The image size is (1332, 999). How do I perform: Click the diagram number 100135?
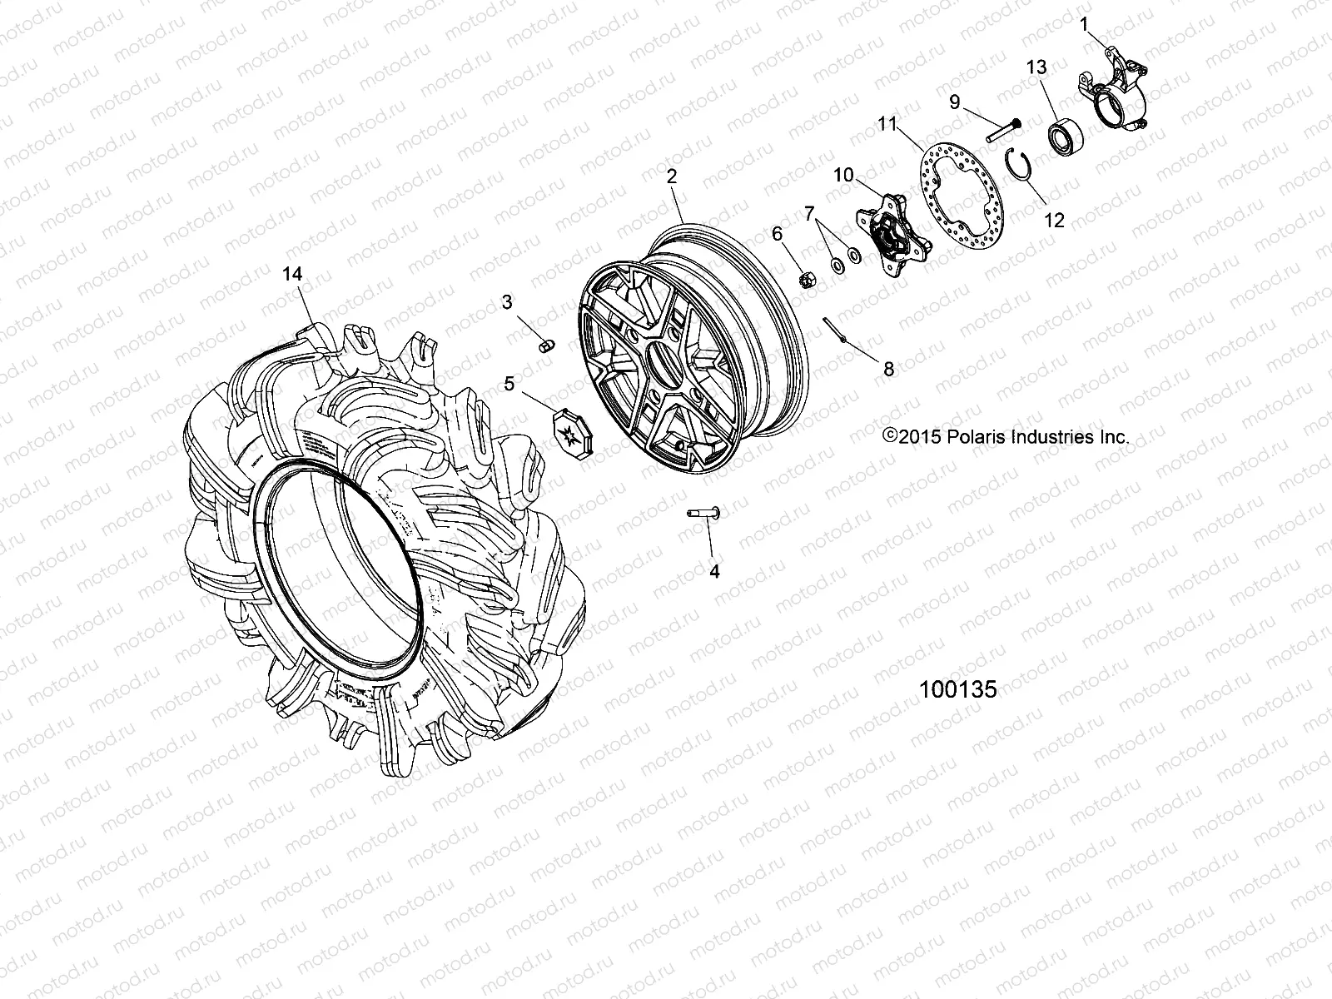click(957, 690)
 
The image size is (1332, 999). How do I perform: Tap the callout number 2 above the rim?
click(671, 176)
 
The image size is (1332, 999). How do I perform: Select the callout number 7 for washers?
click(808, 215)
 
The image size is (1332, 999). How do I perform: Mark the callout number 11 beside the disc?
click(887, 126)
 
